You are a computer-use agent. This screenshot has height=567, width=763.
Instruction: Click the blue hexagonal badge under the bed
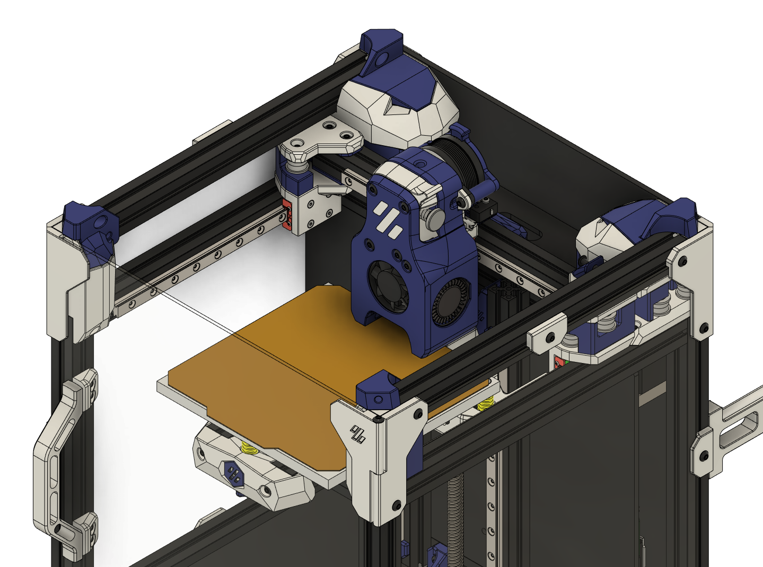(x=234, y=473)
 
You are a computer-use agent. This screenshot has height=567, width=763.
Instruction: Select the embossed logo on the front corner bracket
(x=357, y=435)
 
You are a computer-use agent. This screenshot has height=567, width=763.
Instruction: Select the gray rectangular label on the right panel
(x=652, y=395)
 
